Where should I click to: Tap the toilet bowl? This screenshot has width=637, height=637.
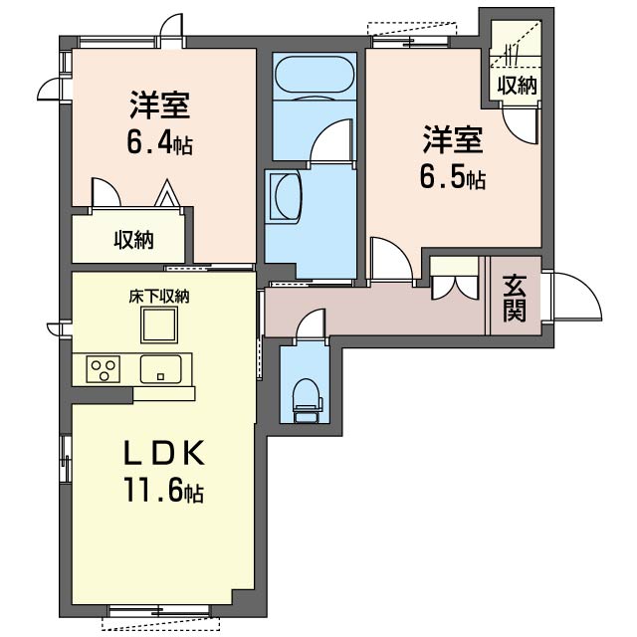pyautogui.click(x=308, y=400)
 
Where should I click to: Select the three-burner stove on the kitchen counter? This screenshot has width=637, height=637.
pyautogui.click(x=104, y=369)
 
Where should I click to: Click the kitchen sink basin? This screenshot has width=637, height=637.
pyautogui.click(x=160, y=369)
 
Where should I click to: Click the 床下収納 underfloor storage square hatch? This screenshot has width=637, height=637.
pyautogui.click(x=159, y=325)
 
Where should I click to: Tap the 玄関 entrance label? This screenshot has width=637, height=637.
pyautogui.click(x=515, y=298)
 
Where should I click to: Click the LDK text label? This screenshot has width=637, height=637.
pyautogui.click(x=163, y=454)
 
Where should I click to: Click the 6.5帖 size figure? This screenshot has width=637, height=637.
pyautogui.click(x=453, y=177)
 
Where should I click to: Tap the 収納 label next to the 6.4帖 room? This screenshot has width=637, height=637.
pyautogui.click(x=133, y=240)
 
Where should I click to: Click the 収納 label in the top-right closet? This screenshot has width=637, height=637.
pyautogui.click(x=518, y=86)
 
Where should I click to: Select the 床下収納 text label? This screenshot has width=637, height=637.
pyautogui.click(x=159, y=297)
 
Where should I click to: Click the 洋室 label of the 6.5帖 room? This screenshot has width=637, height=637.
pyautogui.click(x=453, y=140)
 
